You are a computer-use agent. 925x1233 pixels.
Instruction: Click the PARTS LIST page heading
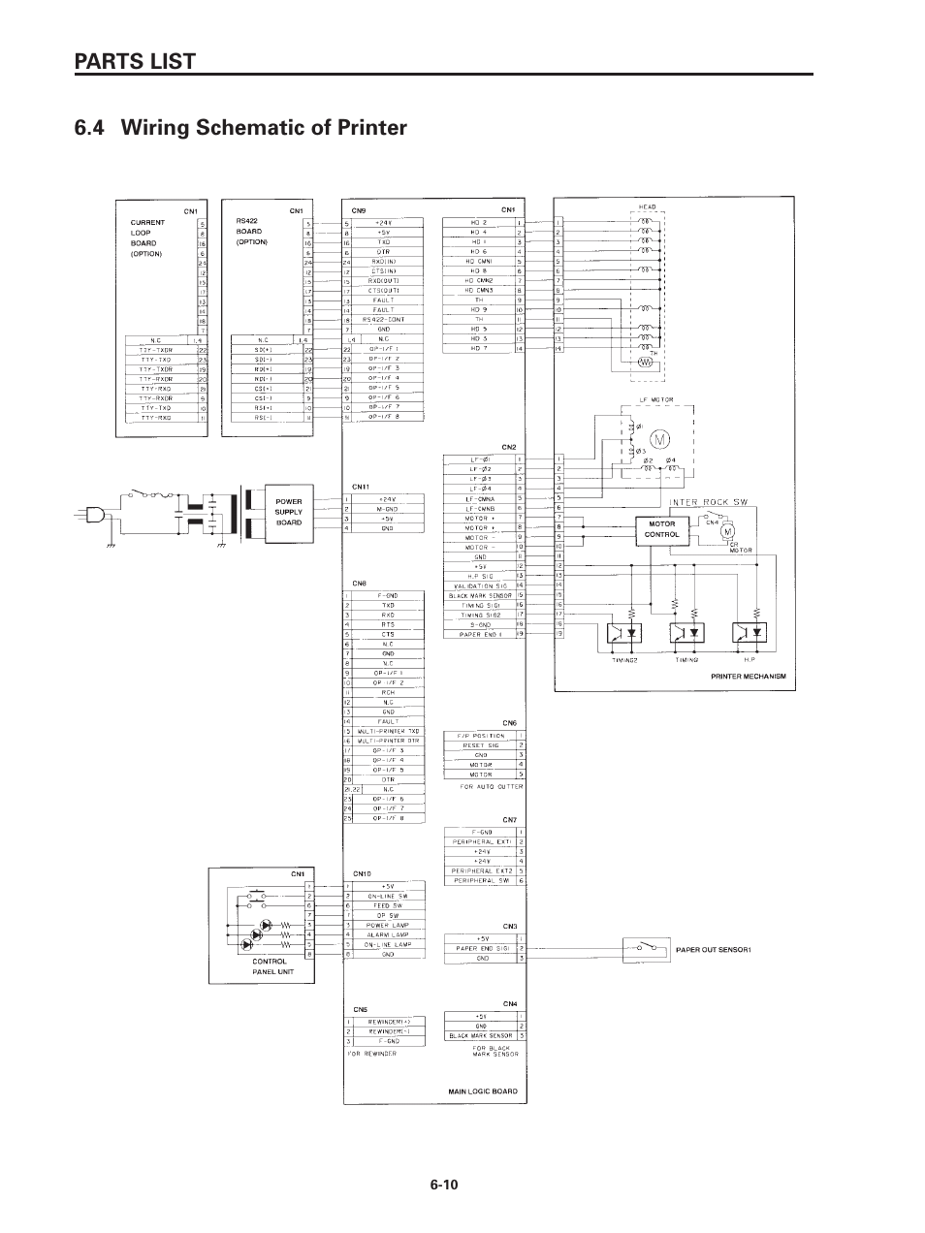click(x=135, y=60)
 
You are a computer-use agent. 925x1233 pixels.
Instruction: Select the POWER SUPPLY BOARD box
click(x=289, y=512)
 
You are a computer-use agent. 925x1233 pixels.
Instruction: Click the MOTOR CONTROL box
click(x=661, y=528)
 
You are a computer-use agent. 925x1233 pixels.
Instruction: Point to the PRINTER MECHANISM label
click(x=749, y=676)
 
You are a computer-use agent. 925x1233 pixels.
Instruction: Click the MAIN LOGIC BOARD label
click(x=482, y=1091)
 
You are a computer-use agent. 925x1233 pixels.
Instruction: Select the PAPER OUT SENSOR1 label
click(x=714, y=949)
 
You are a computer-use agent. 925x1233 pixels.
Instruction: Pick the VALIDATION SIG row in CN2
click(x=480, y=585)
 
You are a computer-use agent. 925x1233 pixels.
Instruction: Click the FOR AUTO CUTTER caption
click(x=491, y=787)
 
